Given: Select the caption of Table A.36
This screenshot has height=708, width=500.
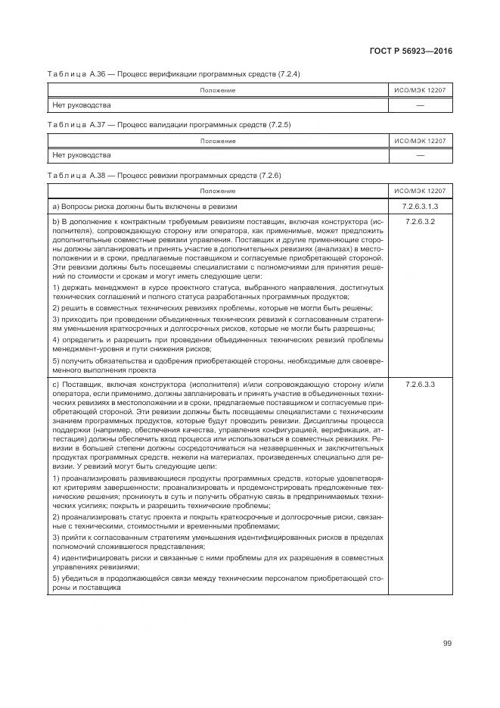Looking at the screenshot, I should click(175, 73).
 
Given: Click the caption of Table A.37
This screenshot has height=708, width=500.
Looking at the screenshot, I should click(169, 124).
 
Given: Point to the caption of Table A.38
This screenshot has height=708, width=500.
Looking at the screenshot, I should click(164, 175).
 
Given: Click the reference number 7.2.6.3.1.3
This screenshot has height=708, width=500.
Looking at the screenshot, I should click(420, 205).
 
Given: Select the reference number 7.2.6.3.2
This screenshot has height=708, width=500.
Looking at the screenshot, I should click(420, 221).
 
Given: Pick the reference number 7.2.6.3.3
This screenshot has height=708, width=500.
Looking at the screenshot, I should click(420, 385).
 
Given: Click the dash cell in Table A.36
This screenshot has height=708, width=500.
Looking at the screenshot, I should click(420, 104).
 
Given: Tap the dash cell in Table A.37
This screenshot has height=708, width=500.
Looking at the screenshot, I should click(420, 155).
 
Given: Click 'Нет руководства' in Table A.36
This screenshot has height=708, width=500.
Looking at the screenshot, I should click(81, 104).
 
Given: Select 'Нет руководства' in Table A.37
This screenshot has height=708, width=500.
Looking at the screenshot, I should click(81, 155).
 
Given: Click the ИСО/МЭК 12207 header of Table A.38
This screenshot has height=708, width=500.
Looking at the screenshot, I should click(420, 191).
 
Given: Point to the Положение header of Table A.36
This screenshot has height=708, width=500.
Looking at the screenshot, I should click(217, 90).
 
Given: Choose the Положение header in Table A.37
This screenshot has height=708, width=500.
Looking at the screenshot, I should click(217, 141).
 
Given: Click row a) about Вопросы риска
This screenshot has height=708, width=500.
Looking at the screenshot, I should click(144, 206).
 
